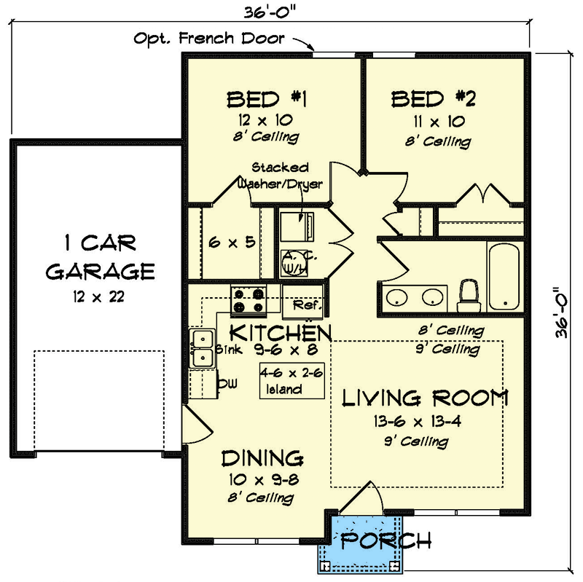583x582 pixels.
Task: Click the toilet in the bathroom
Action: (469, 296)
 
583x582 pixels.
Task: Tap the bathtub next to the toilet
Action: (504, 277)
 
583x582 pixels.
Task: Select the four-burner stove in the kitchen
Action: (249, 300)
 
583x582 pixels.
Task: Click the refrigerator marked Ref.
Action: (302, 302)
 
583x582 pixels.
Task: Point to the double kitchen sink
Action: (202, 348)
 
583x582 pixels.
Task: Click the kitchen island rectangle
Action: (292, 380)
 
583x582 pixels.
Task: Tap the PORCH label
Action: (386, 540)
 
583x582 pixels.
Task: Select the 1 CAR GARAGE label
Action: (100, 257)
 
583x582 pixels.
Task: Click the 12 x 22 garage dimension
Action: (98, 297)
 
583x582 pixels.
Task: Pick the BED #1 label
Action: (267, 100)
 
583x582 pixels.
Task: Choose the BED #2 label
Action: (433, 99)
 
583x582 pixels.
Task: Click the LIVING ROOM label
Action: (425, 398)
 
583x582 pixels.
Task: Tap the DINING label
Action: (262, 458)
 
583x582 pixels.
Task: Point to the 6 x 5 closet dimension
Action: (232, 243)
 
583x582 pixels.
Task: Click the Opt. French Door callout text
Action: (209, 39)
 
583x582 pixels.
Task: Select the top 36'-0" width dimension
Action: (270, 12)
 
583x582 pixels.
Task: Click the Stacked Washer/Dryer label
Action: (280, 176)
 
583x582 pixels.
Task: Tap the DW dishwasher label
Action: (227, 384)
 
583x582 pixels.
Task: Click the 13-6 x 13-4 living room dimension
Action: (417, 422)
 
